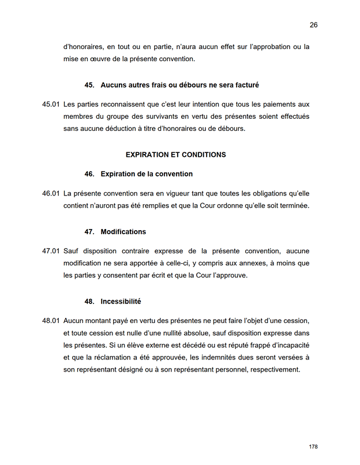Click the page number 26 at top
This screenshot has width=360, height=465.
click(x=314, y=25)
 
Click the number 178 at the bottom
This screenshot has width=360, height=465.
click(x=313, y=447)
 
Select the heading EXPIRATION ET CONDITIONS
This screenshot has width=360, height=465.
click(x=175, y=155)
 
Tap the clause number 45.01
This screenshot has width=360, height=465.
click(x=51, y=104)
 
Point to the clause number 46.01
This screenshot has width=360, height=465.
click(x=51, y=193)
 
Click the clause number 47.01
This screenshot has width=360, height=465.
click(x=51, y=251)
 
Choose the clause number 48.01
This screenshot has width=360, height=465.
click(x=51, y=320)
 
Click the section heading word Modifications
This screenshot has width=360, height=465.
click(x=123, y=232)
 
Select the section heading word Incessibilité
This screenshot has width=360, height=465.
click(x=121, y=301)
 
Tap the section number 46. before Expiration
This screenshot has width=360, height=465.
click(x=89, y=174)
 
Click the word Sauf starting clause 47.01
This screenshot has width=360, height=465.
click(x=72, y=251)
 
